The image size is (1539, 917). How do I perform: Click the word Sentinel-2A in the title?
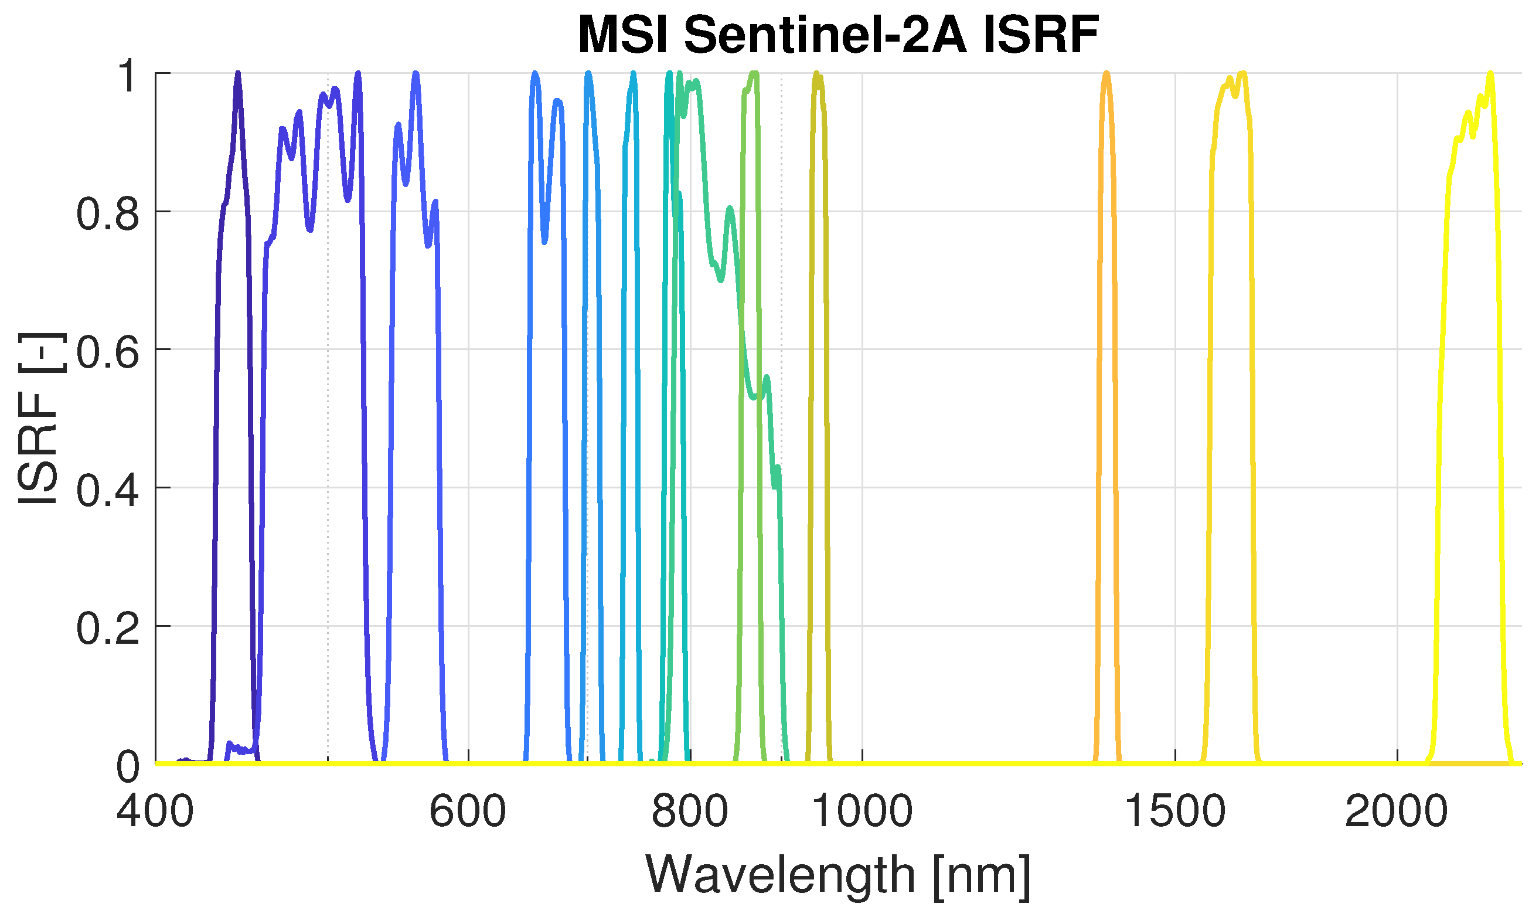pyautogui.click(x=825, y=35)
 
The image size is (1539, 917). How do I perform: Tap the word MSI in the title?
pyautogui.click(x=622, y=35)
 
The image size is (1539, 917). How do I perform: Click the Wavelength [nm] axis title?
pyautogui.click(x=838, y=875)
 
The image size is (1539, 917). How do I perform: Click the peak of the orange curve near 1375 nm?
pyautogui.click(x=1106, y=74)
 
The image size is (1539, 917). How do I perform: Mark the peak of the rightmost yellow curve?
pyautogui.click(x=1490, y=74)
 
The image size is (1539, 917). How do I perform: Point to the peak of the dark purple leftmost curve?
pyautogui.click(x=238, y=74)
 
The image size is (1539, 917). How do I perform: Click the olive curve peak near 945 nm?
pyautogui.click(x=816, y=75)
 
